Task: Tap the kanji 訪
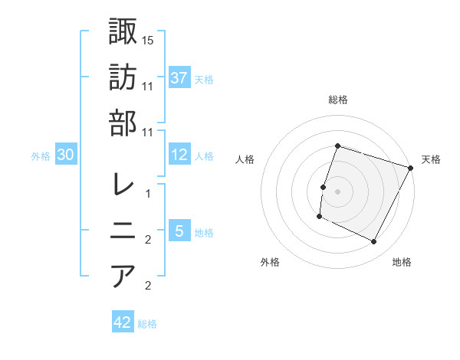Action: [123, 77]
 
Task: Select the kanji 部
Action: [123, 123]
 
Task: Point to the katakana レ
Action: [123, 185]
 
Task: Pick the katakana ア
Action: [123, 276]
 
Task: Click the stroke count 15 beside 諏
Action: [148, 40]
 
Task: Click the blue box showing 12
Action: [179, 155]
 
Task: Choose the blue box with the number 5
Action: [179, 231]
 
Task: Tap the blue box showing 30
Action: [66, 155]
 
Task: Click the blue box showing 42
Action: [123, 322]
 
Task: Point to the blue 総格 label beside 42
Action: [147, 324]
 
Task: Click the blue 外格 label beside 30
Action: [41, 156]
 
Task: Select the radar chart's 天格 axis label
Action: [431, 159]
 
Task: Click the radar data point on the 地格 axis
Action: [374, 242]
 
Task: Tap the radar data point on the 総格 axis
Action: [337, 146]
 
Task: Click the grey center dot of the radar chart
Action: [337, 191]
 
